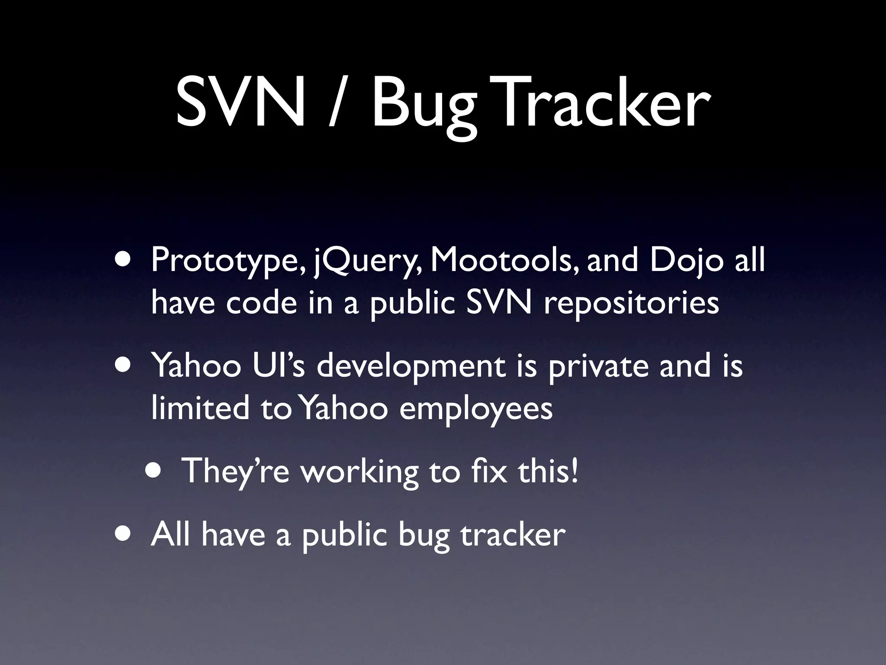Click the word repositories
pos(631,303)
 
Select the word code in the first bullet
pos(261,303)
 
